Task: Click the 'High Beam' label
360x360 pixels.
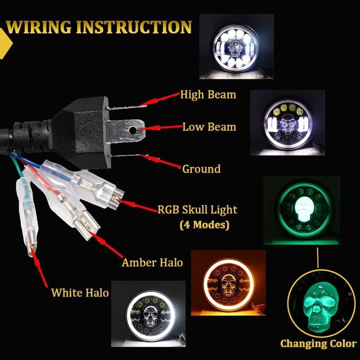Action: click(x=208, y=95)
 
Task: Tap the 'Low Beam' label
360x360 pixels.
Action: click(x=209, y=127)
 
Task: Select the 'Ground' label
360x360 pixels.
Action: click(x=201, y=169)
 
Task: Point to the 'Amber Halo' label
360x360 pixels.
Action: click(x=152, y=262)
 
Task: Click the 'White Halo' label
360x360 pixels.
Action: click(x=80, y=293)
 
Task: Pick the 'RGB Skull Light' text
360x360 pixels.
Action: click(x=197, y=210)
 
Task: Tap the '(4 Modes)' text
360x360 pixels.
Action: click(x=204, y=225)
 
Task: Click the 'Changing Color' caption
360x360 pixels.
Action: click(x=318, y=344)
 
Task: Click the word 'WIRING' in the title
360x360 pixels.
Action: click(x=39, y=27)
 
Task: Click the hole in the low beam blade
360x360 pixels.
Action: click(x=132, y=130)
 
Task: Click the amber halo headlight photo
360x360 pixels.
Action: click(x=228, y=283)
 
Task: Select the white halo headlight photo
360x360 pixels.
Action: click(x=148, y=313)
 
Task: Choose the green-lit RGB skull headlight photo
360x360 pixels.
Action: click(x=301, y=210)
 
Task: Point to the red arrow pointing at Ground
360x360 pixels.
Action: click(x=160, y=161)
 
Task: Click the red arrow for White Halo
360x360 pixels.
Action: click(x=39, y=267)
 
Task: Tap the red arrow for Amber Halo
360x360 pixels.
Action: click(x=106, y=244)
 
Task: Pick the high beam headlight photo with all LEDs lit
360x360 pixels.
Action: click(x=236, y=47)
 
